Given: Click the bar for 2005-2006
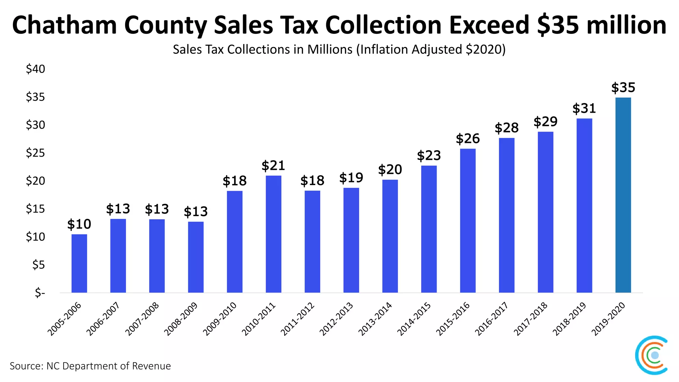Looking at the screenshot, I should point(79,263).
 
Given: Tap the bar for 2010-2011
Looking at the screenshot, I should point(274,234).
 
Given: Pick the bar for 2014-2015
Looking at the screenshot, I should point(429,229).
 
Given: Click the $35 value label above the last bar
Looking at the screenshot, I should point(623,88).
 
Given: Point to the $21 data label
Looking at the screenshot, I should point(273,165).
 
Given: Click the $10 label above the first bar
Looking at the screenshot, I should point(79,224).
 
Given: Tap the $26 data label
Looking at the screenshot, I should point(467,139).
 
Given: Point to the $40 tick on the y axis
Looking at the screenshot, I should point(35,69).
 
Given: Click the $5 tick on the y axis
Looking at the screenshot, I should point(38,265).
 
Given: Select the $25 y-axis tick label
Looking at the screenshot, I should point(35,153).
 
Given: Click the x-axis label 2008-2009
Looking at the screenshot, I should point(181,319).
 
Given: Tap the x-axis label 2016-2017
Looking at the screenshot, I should point(491,319).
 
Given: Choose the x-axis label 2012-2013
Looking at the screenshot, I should point(336,319).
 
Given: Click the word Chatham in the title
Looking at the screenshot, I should point(64,25).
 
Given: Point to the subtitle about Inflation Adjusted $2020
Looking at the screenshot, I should point(339,49).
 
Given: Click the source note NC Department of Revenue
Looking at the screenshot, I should point(90,366).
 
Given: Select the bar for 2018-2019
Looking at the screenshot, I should point(584,205).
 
